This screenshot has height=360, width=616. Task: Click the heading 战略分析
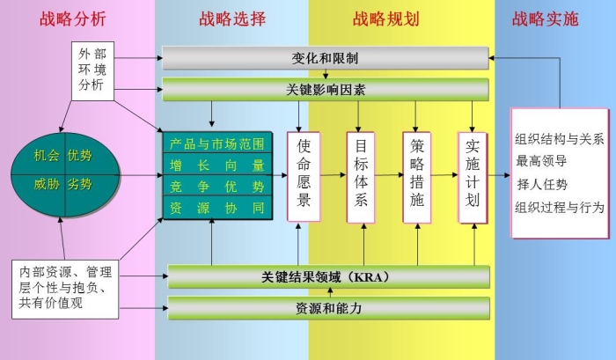75,18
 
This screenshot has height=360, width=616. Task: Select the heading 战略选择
232,18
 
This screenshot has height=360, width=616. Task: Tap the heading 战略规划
385,18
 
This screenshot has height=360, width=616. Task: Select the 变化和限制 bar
325,59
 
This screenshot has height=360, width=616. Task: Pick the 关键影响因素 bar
325,90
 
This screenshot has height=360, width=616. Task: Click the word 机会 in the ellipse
47,156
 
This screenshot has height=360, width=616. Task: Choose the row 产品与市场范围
216,143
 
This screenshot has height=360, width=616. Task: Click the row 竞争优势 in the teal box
216,187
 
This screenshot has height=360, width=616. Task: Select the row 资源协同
216,209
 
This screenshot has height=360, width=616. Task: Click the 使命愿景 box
304,175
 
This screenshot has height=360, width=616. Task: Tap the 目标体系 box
360,175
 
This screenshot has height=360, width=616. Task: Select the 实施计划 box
473,175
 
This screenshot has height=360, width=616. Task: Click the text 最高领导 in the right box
540,161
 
